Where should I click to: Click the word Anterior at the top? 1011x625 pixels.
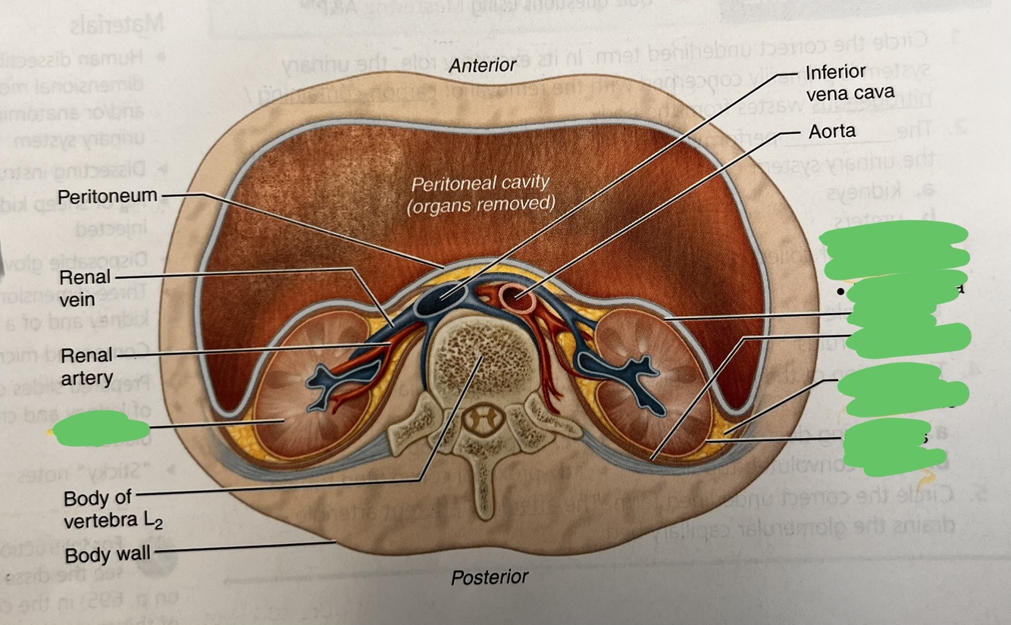[482, 66]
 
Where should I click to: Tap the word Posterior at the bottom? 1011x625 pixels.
[490, 577]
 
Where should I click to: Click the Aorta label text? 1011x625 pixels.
[831, 131]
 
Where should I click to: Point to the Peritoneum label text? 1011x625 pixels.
[108, 196]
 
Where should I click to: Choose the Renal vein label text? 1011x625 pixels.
[88, 288]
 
